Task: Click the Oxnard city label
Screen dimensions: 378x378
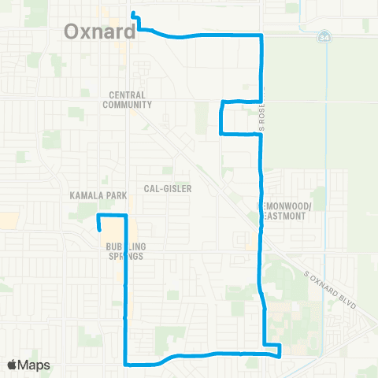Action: coord(98,31)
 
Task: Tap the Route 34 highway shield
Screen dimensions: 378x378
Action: coord(325,36)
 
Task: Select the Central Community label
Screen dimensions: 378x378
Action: coord(130,98)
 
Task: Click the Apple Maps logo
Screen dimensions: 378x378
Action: coord(29,365)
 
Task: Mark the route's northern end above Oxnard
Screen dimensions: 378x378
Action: coord(133,13)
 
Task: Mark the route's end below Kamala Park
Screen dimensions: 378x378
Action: coord(100,229)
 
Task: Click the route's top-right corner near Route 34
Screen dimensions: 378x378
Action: coord(261,36)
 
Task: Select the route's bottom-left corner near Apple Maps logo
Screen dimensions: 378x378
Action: coord(126,364)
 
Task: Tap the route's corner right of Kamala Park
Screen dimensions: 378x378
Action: coord(126,215)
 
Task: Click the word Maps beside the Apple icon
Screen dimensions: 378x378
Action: coord(35,365)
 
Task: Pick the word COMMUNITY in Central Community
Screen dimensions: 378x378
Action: coord(130,103)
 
